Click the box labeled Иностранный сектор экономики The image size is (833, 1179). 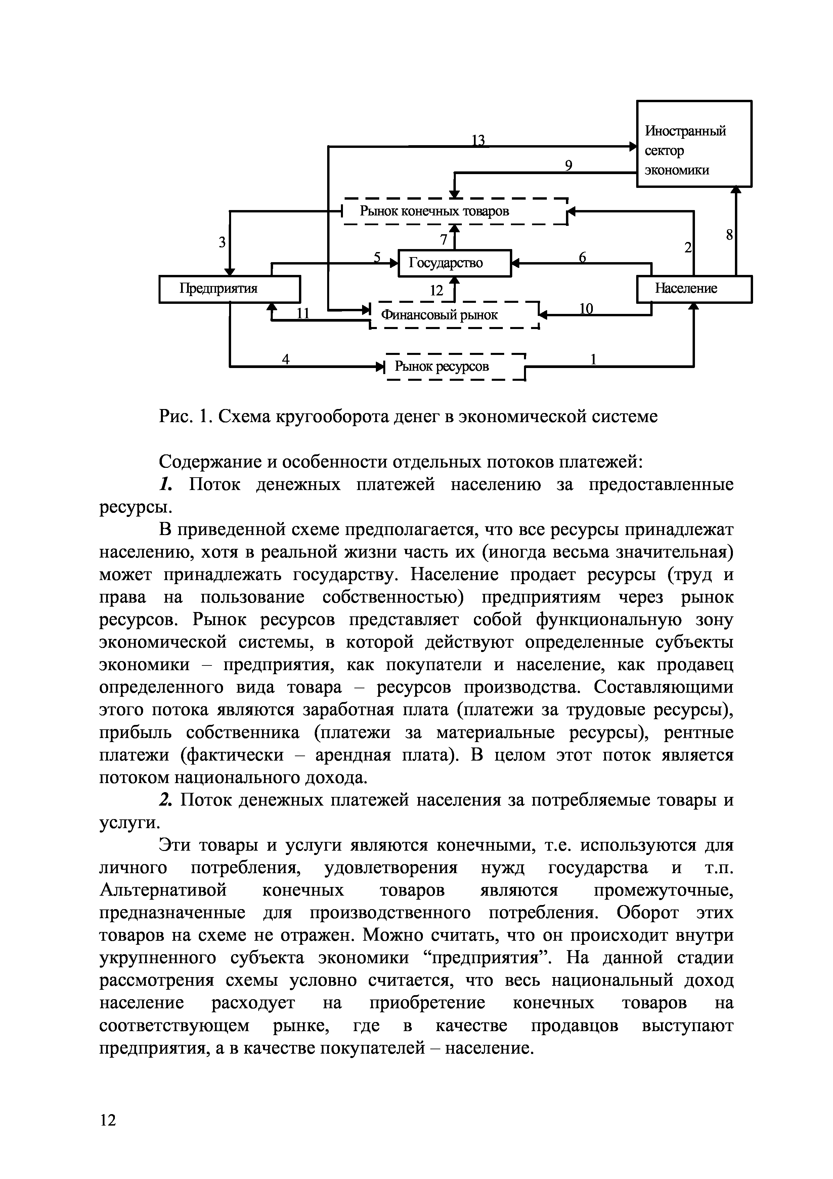[x=694, y=144]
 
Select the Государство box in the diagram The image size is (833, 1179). [x=455, y=263]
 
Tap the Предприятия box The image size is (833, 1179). [x=229, y=289]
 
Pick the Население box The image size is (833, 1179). [x=694, y=289]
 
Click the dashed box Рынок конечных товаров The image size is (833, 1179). [x=455, y=211]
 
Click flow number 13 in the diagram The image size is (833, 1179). [x=478, y=140]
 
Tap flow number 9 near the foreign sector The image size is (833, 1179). [x=569, y=165]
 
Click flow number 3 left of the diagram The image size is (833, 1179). [x=222, y=242]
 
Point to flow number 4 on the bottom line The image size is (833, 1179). [x=286, y=360]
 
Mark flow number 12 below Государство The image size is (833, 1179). [x=436, y=291]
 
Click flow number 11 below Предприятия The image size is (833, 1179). [x=303, y=313]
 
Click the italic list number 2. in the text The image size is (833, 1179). [x=164, y=800]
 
